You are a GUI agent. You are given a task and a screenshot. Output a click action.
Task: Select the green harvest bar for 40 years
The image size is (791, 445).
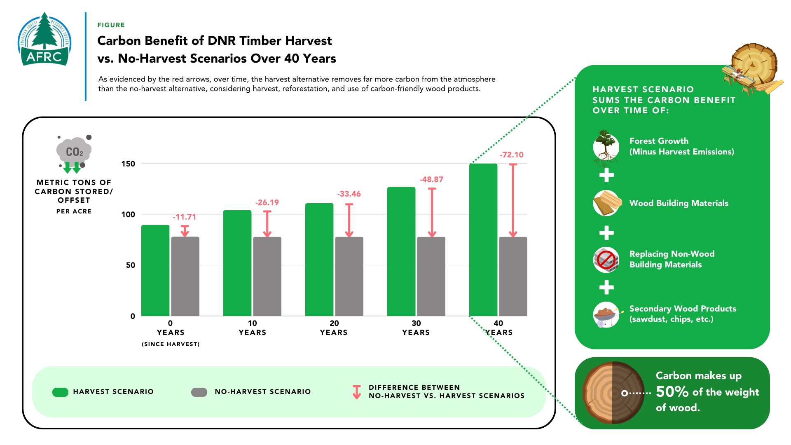click(483, 240)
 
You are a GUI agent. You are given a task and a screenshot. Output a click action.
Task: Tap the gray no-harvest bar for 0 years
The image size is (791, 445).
click(185, 276)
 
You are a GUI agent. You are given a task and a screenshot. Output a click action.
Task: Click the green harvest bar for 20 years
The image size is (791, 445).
click(319, 260)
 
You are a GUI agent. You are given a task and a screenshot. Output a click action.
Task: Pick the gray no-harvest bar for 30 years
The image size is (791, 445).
click(431, 276)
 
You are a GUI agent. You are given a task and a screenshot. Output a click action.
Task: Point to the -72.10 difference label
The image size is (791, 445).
click(512, 155)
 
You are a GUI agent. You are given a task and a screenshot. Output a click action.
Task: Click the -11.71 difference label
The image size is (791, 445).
click(185, 217)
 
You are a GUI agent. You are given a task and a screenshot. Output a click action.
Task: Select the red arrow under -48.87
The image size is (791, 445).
click(432, 213)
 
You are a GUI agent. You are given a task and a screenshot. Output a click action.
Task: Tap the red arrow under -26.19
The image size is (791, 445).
click(267, 224)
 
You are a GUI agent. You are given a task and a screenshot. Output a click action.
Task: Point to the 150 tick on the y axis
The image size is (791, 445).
click(128, 164)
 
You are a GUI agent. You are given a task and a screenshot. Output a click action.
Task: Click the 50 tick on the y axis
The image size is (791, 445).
click(131, 265)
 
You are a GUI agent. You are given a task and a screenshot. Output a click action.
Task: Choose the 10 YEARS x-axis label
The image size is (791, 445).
click(252, 328)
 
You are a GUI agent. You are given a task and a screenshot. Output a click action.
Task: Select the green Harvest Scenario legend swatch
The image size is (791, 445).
click(60, 392)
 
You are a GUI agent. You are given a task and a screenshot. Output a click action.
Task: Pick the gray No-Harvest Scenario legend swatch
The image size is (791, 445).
click(199, 392)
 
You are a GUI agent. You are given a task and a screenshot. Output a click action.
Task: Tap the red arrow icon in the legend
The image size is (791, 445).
click(357, 392)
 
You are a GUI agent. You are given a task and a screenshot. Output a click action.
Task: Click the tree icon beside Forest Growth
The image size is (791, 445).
click(606, 147)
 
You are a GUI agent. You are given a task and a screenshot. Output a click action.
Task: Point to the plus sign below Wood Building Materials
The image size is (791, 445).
click(606, 233)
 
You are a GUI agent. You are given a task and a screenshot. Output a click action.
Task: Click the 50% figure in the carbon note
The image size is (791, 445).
click(672, 392)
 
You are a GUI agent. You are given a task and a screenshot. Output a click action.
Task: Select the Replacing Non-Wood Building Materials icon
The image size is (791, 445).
click(606, 260)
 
